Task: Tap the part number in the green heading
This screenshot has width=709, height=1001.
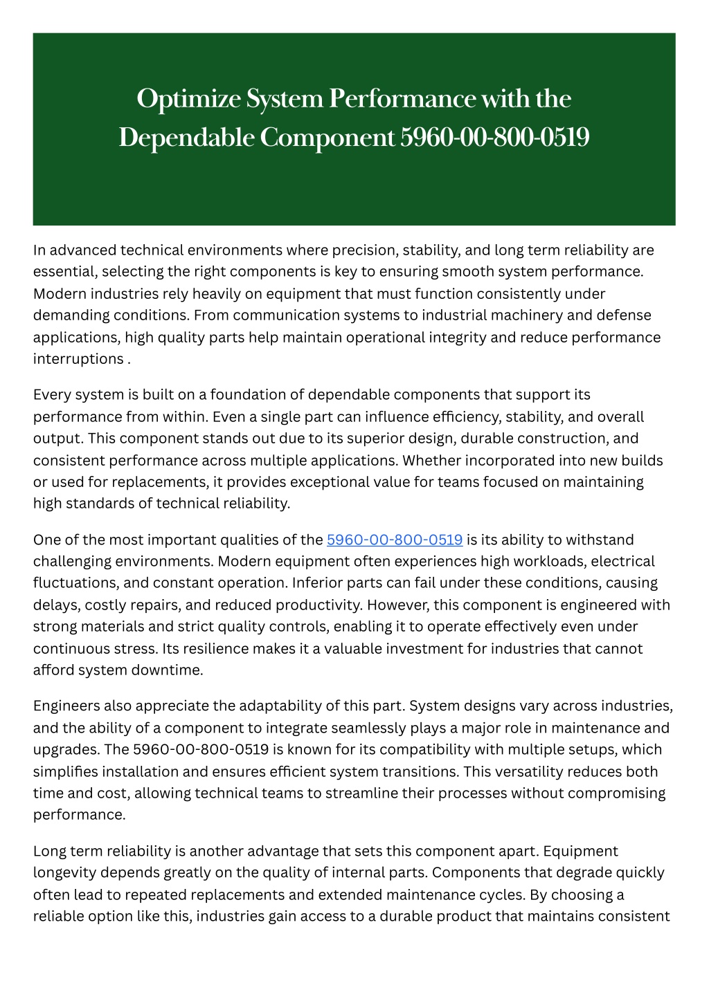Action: tap(494, 138)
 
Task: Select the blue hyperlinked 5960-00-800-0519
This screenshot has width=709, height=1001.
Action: tap(394, 540)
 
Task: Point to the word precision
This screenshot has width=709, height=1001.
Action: tap(364, 250)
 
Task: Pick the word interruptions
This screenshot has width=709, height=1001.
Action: tap(78, 358)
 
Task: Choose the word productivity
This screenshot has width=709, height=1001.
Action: tap(318, 605)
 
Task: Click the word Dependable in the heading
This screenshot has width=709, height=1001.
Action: tap(187, 138)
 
